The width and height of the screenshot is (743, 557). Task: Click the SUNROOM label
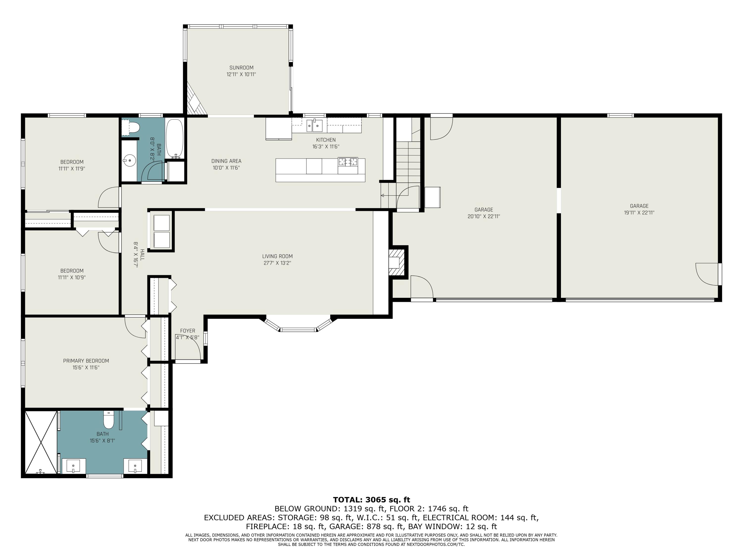tap(241, 68)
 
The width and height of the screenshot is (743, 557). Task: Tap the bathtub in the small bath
tap(175, 138)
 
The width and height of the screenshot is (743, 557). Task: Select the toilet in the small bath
tap(131, 127)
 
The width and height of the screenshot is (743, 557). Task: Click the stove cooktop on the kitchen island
tap(348, 162)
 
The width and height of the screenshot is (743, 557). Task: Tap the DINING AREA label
tap(226, 161)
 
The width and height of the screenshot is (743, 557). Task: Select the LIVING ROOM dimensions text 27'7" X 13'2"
tap(277, 263)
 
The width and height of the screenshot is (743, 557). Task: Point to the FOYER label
tap(187, 331)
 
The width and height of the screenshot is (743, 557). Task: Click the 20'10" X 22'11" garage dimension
tap(484, 217)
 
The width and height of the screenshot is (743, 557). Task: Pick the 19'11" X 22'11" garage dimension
tap(639, 212)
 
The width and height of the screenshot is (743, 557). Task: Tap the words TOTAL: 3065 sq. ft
tap(371, 500)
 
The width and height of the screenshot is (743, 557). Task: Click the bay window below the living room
tap(298, 324)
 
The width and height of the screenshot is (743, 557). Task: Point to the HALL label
tap(142, 255)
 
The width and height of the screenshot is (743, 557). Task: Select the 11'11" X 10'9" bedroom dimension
tap(72, 278)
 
